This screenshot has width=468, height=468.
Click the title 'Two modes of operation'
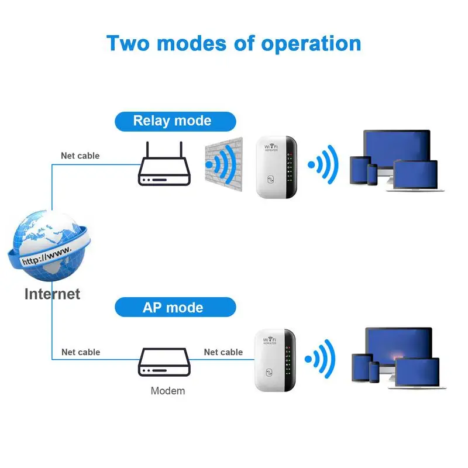tap(234, 43)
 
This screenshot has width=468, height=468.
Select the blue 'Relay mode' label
tap(172, 121)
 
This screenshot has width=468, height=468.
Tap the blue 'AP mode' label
tap(173, 308)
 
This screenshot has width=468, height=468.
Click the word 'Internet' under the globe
tap(52, 294)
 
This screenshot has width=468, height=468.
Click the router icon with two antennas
tap(164, 170)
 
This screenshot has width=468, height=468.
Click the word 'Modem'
tap(168, 391)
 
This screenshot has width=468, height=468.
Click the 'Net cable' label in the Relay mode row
tap(80, 156)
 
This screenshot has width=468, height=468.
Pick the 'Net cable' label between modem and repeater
tap(223, 352)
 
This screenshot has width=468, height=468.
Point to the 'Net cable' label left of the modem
tap(81, 352)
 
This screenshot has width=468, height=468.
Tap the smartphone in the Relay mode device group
tap(373, 174)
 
